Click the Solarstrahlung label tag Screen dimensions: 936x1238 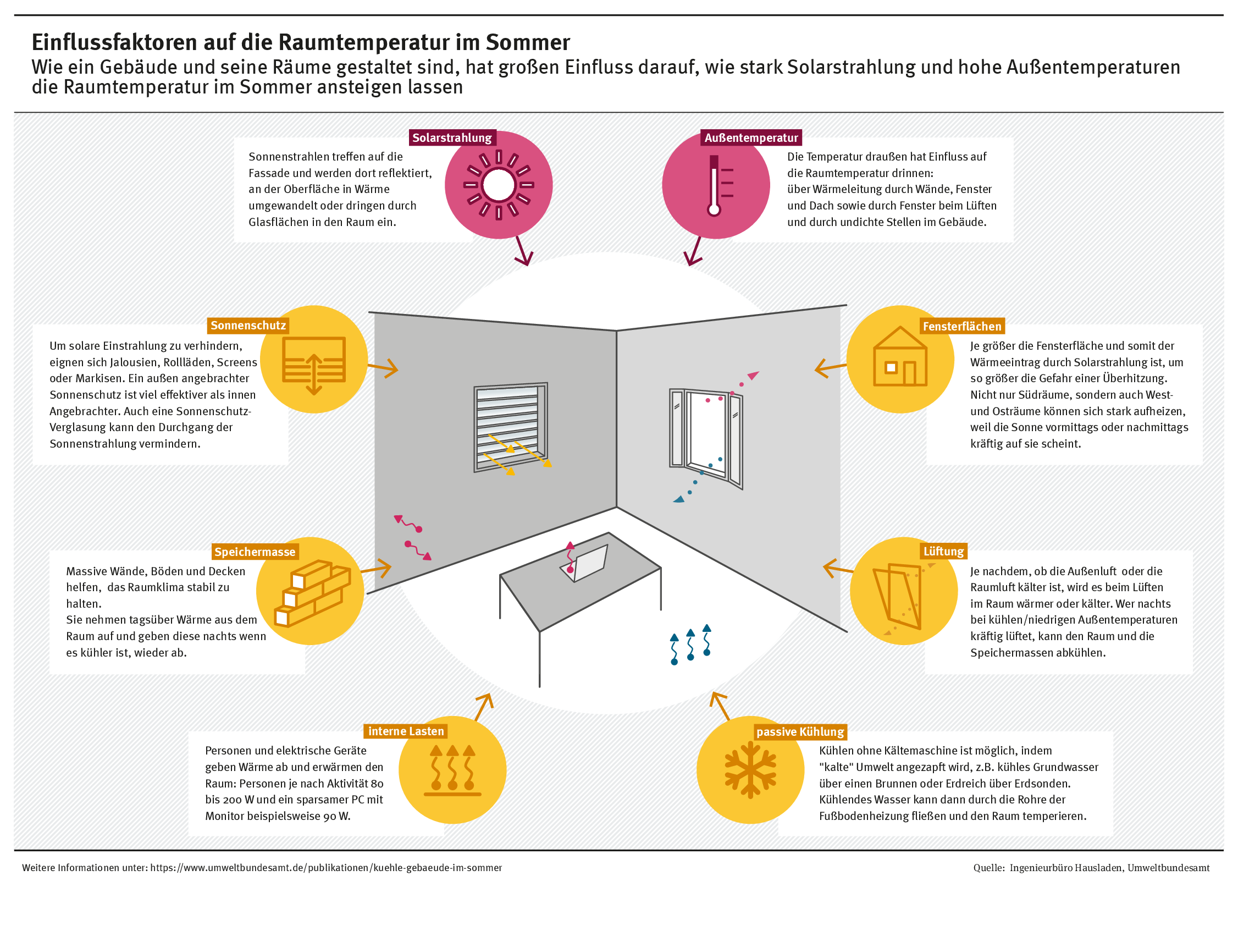click(452, 137)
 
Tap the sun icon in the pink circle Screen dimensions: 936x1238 click(498, 185)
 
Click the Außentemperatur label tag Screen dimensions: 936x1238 click(750, 137)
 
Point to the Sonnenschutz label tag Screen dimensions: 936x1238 click(248, 325)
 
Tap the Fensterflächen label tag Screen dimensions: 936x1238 click(961, 326)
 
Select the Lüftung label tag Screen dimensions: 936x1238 click(943, 552)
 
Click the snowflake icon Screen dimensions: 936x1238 click(750, 770)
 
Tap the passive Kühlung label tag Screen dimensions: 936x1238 click(800, 731)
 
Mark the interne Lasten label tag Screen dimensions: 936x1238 click(406, 731)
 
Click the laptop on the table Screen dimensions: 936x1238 click(588, 563)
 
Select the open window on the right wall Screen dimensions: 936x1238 click(706, 437)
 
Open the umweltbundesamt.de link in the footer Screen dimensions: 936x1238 click(326, 868)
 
